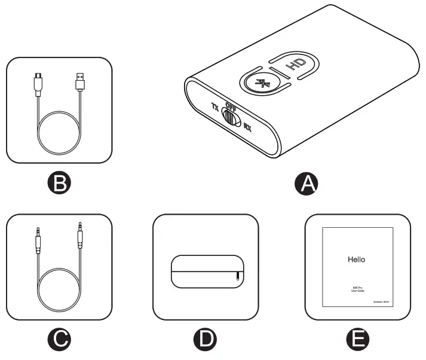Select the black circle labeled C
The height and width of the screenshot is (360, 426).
click(59, 339)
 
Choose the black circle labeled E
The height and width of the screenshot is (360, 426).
click(358, 339)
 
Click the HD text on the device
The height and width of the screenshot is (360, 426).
click(292, 64)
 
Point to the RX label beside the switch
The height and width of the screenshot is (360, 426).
click(247, 126)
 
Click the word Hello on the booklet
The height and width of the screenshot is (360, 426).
click(356, 260)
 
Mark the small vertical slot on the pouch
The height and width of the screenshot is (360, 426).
click(238, 276)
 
